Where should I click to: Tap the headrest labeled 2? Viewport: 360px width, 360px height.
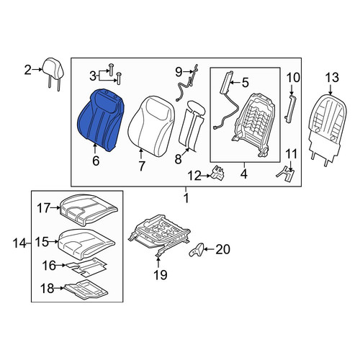[x=53, y=72]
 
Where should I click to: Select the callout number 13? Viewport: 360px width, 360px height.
[x=332, y=78]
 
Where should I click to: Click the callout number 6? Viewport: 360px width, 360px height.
[x=96, y=161]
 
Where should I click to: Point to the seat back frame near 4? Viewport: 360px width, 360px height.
[x=254, y=125]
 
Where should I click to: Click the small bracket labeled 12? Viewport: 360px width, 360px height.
[x=217, y=172]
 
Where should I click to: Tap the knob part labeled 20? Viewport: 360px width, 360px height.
[x=197, y=250]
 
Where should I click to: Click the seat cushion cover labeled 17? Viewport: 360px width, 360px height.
[x=89, y=210]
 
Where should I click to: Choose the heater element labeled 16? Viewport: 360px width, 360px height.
[x=86, y=266]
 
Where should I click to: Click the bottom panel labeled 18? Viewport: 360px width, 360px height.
[x=86, y=289]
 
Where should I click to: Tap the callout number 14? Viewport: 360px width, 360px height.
[x=19, y=243]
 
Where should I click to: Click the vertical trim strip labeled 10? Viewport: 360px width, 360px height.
[x=290, y=109]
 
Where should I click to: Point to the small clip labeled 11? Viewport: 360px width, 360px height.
[x=286, y=174]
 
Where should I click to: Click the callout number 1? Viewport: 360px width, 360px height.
[x=186, y=198]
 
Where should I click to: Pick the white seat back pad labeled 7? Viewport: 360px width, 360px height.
[x=151, y=126]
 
